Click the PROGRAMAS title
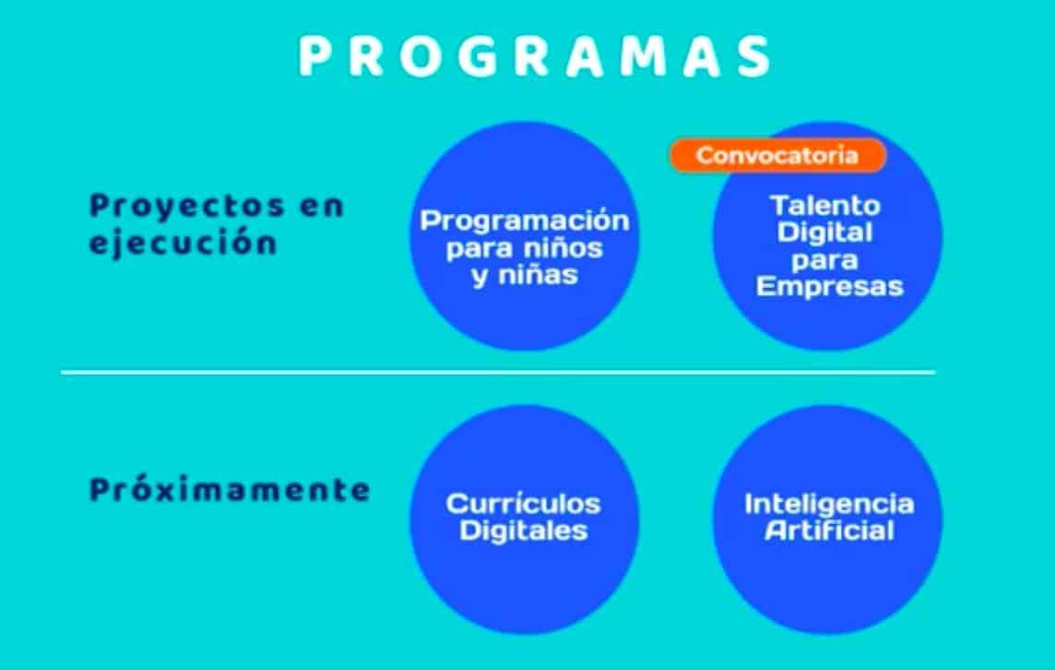tap(534, 56)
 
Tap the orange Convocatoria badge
tap(777, 156)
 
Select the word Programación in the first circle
tap(525, 221)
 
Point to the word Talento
tap(824, 206)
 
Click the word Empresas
tap(829, 286)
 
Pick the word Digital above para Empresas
tap(824, 233)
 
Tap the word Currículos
tap(523, 504)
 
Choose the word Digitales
tap(524, 531)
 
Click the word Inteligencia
tap(829, 505)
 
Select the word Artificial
tap(829, 531)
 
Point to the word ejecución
tap(183, 242)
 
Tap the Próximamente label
tap(230, 489)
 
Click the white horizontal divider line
tap(498, 372)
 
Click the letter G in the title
tap(475, 56)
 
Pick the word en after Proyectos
tap(322, 207)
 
